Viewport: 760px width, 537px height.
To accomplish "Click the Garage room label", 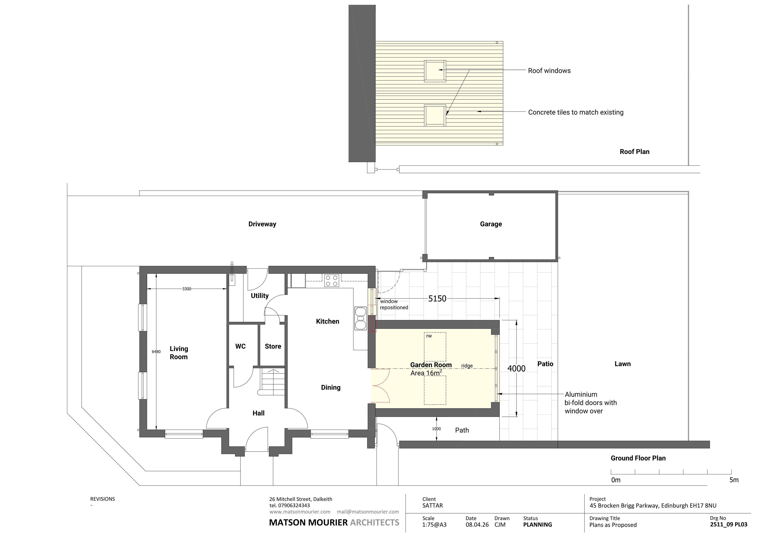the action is click(x=491, y=224).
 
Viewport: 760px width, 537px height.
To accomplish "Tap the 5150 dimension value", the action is click(x=437, y=298).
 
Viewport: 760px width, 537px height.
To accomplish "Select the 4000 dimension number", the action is click(x=516, y=368).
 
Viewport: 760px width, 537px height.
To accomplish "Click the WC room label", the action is click(x=240, y=346).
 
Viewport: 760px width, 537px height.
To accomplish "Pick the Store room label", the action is click(x=273, y=346).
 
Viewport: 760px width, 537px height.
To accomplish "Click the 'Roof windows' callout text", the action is click(x=549, y=70).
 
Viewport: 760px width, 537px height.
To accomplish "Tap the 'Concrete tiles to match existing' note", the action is click(x=576, y=112).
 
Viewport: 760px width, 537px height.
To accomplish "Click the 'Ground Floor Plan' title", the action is click(x=638, y=458).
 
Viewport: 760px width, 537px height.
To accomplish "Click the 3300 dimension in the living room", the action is click(x=187, y=289).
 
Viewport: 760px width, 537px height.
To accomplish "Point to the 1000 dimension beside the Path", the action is click(x=436, y=429).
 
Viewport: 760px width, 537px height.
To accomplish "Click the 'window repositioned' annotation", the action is click(x=394, y=304).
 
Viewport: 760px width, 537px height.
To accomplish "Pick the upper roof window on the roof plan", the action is click(x=435, y=70).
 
